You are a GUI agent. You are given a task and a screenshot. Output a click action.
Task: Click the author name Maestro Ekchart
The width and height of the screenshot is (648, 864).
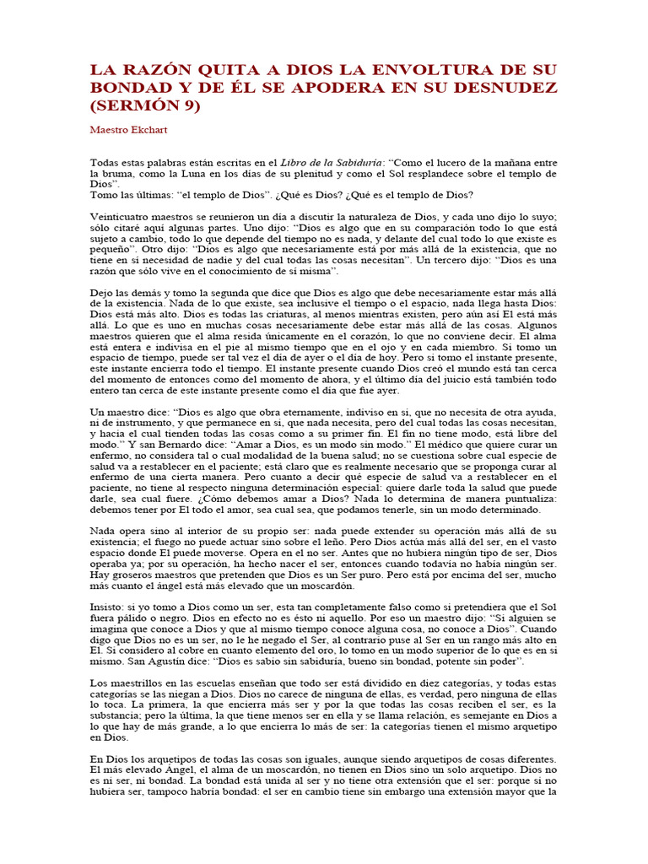coord(131,131)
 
